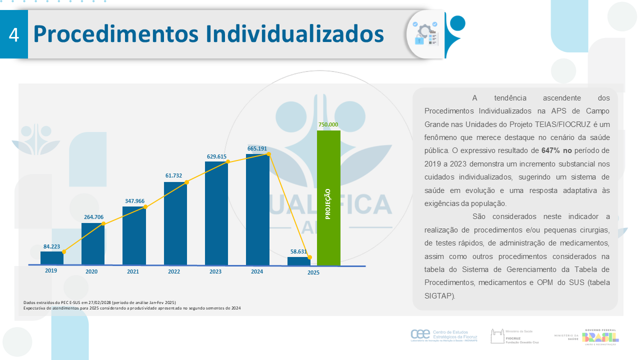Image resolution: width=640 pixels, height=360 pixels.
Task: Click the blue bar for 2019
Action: coord(51,258)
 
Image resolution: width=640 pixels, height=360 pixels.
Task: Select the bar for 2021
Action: coord(134,235)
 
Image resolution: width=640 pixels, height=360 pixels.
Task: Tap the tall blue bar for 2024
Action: coord(257,209)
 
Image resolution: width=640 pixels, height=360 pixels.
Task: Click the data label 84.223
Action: coord(52,246)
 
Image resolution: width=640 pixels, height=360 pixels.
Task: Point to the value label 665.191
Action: coord(257,148)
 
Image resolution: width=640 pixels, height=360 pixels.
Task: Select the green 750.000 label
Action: coord(328,124)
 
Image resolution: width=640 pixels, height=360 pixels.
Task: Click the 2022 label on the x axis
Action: coord(174,271)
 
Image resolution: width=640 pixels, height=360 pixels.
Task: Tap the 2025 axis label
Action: coord(313,272)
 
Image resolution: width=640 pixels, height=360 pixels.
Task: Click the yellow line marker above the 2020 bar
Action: coord(103,223)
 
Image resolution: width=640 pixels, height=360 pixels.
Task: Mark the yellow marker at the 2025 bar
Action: coord(310,257)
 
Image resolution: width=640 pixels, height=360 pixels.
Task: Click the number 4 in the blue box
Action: coord(14,35)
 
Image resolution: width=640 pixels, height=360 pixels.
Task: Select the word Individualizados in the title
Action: coord(294,34)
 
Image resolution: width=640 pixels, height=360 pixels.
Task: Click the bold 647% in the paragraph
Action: coord(552,150)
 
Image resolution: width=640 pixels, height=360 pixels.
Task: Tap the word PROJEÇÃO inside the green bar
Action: coord(328,204)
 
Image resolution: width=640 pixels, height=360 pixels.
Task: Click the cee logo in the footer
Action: coord(419,333)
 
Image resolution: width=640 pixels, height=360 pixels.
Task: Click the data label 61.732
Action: coord(174,175)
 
